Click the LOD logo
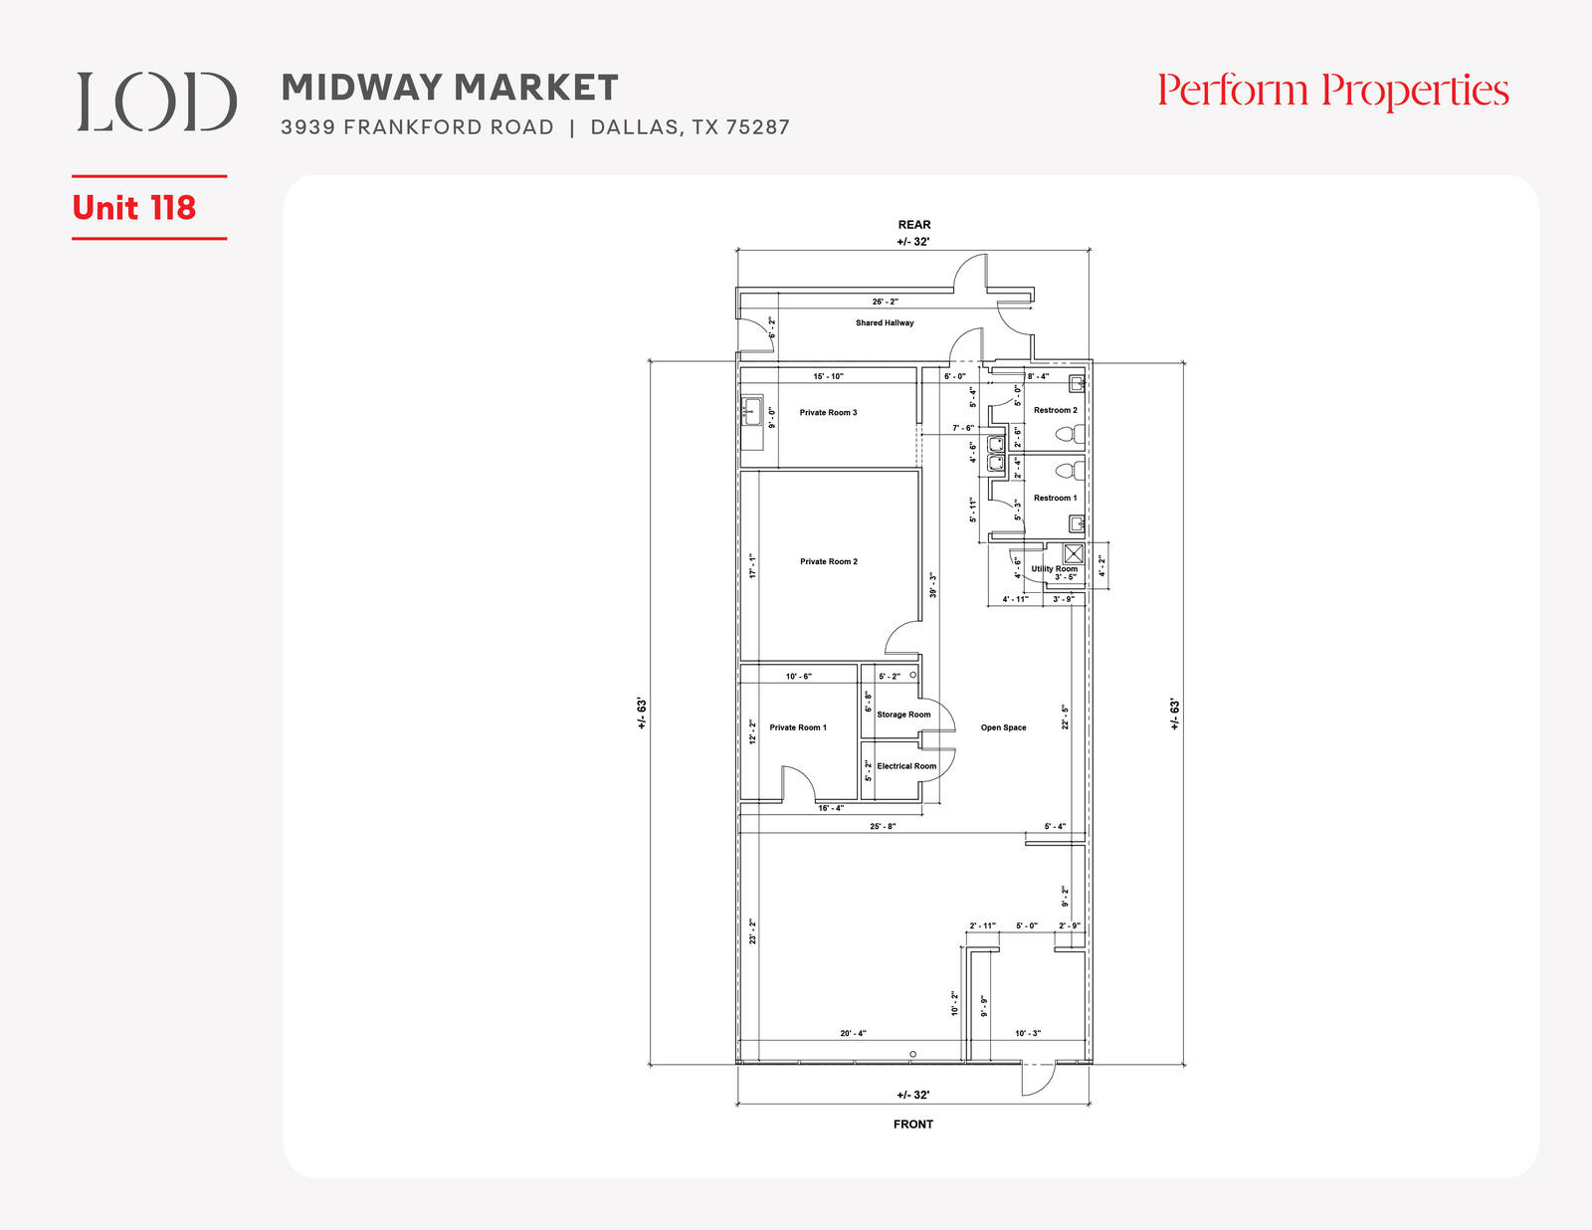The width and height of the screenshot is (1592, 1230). pyautogui.click(x=157, y=102)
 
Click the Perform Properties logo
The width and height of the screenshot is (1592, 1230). pyautogui.click(x=1332, y=92)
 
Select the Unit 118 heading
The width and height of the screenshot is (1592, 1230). pyautogui.click(x=134, y=208)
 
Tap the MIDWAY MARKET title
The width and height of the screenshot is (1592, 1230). pyautogui.click(x=450, y=88)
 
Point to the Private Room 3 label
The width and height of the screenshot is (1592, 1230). pyautogui.click(x=828, y=412)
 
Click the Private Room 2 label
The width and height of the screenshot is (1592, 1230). pyautogui.click(x=829, y=561)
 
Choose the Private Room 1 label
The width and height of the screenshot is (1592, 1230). pyautogui.click(x=798, y=727)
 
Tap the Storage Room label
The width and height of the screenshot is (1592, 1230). pyautogui.click(x=903, y=715)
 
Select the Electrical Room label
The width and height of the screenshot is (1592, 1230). pyautogui.click(x=906, y=766)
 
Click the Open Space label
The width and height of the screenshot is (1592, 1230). pyautogui.click(x=1003, y=727)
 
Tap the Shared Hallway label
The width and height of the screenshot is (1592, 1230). pyautogui.click(x=885, y=322)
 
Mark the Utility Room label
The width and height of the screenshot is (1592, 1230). pyautogui.click(x=1055, y=568)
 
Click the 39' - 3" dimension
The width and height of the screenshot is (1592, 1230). pyautogui.click(x=932, y=585)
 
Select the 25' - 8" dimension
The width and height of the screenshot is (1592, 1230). pyautogui.click(x=883, y=826)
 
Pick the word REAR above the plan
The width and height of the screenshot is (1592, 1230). pyautogui.click(x=914, y=225)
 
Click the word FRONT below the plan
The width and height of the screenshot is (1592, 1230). pyautogui.click(x=912, y=1124)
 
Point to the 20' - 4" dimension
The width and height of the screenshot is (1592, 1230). pyautogui.click(x=853, y=1034)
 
